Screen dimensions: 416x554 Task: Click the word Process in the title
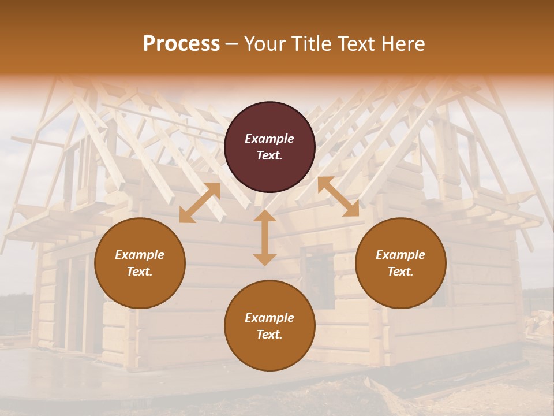[x=181, y=44]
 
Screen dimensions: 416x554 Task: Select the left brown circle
[x=140, y=263]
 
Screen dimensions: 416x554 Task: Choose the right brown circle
[x=400, y=263]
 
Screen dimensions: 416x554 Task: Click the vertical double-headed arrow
[x=265, y=237]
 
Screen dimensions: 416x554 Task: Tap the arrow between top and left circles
[x=200, y=203]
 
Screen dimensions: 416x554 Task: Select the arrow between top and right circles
[x=338, y=196]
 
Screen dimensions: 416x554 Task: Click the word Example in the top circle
[x=269, y=139]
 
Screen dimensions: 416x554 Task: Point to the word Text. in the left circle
[x=140, y=272]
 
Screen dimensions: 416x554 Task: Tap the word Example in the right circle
[x=400, y=255]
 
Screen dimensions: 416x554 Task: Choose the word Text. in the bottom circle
[x=269, y=335]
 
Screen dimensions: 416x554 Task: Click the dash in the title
[x=232, y=44]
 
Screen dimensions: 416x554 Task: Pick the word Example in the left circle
[x=140, y=255]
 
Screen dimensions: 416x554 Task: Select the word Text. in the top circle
[x=269, y=155]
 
